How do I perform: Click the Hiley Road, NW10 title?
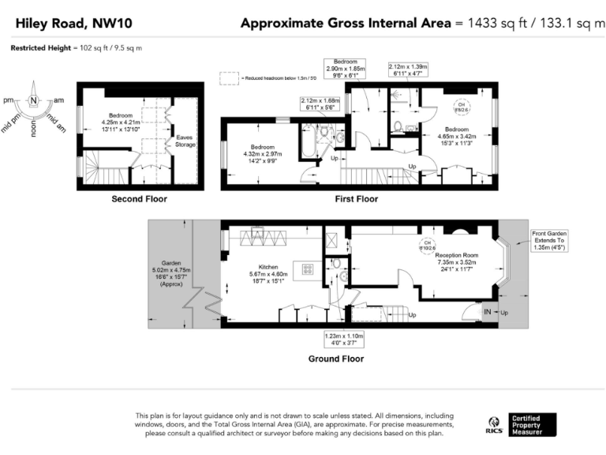[x=65, y=24]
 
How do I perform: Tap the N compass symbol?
[x=34, y=100]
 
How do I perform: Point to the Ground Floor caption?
[x=335, y=358]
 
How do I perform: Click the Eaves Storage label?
[x=185, y=141]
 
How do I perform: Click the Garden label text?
[x=171, y=262]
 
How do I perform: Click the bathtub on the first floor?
[x=309, y=141]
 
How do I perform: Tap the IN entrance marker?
[x=488, y=313]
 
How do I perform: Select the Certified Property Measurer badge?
[x=532, y=424]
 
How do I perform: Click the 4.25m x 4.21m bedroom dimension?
[x=121, y=122]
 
